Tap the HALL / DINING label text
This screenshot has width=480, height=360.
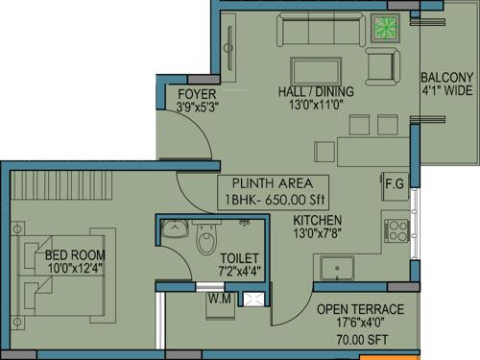pyautogui.click(x=316, y=92)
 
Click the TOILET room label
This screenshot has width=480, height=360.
pyautogui.click(x=238, y=258)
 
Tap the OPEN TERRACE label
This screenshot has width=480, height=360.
pyautogui.click(x=360, y=309)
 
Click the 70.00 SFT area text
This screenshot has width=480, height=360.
pyautogui.click(x=361, y=339)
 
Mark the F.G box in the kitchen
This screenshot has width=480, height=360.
pyautogui.click(x=393, y=182)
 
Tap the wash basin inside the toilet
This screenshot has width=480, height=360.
pyautogui.click(x=174, y=228)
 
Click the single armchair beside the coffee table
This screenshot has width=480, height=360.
pyautogui.click(x=380, y=66)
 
